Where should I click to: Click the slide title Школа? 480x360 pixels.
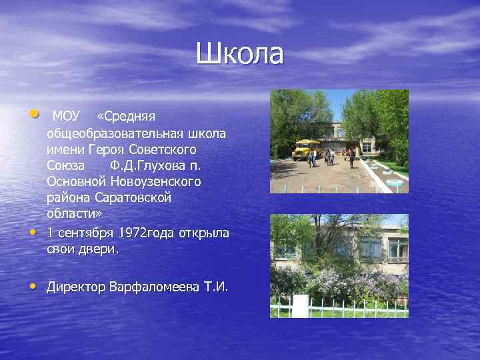coord(239,54)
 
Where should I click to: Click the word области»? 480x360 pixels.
coord(71,213)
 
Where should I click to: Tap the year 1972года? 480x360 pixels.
coord(153,233)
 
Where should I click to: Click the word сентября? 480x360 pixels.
coord(88,233)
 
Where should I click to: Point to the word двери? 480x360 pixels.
coord(100,249)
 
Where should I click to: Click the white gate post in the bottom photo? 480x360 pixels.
coord(300,306)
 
